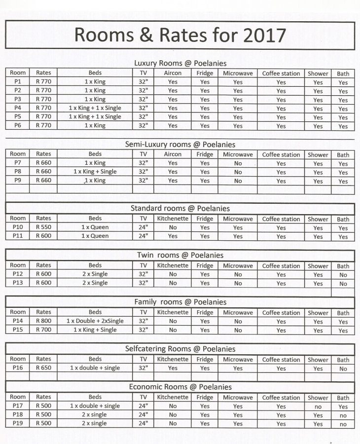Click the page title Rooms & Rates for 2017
[x=180, y=35]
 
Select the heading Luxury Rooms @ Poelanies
[x=180, y=63]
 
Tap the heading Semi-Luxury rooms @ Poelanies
[x=180, y=145]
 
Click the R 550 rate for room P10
[x=43, y=227]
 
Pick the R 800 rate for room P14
[x=43, y=321]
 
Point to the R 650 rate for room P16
[x=43, y=368]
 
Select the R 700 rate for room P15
[x=43, y=330]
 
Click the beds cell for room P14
[x=95, y=321]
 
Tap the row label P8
[x=18, y=172]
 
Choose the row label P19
[x=18, y=424]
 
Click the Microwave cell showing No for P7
[x=238, y=163]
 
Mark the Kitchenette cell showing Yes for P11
[x=173, y=236]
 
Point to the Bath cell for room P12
[x=343, y=275]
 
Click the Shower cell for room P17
[x=318, y=407]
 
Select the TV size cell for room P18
[x=143, y=415]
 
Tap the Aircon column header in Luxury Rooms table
[x=173, y=73]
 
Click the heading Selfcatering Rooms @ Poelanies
[x=180, y=349]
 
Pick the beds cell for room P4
[x=95, y=108]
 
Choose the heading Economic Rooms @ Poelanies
[x=180, y=387]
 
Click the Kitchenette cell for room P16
[x=173, y=368]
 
